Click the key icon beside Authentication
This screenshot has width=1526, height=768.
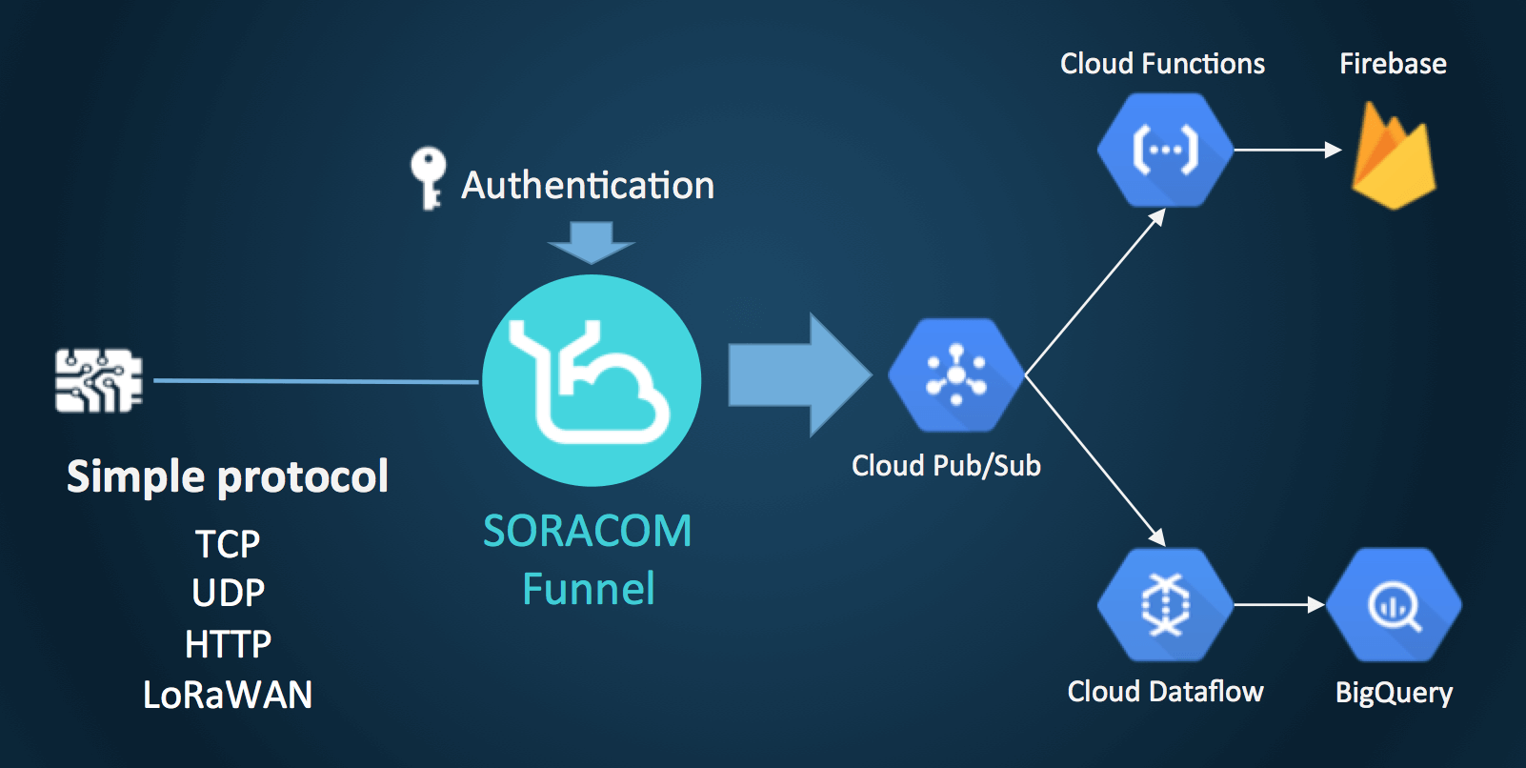tap(429, 177)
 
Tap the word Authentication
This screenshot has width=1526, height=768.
tap(588, 185)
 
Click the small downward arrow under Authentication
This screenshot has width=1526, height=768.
tap(592, 242)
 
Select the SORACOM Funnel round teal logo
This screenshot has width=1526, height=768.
tap(592, 381)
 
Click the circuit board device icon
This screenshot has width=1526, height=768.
tap(99, 381)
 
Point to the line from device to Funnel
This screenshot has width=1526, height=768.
tap(314, 381)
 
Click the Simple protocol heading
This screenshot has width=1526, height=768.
tap(228, 476)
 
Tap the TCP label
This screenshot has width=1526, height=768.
tap(228, 544)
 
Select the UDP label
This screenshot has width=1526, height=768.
tap(228, 594)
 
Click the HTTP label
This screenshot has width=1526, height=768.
tap(228, 644)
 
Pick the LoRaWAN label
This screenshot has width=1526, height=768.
tap(228, 695)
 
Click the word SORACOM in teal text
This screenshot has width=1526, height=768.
tap(588, 531)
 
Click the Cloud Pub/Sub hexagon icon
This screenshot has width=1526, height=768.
tap(955, 375)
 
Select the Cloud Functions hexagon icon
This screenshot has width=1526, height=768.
tap(1164, 150)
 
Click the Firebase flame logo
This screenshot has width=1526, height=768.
tap(1393, 157)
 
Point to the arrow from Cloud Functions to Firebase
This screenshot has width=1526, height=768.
tap(1286, 150)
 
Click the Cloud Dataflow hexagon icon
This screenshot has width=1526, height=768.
tap(1164, 604)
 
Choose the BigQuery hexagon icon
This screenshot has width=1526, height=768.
tap(1394, 604)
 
